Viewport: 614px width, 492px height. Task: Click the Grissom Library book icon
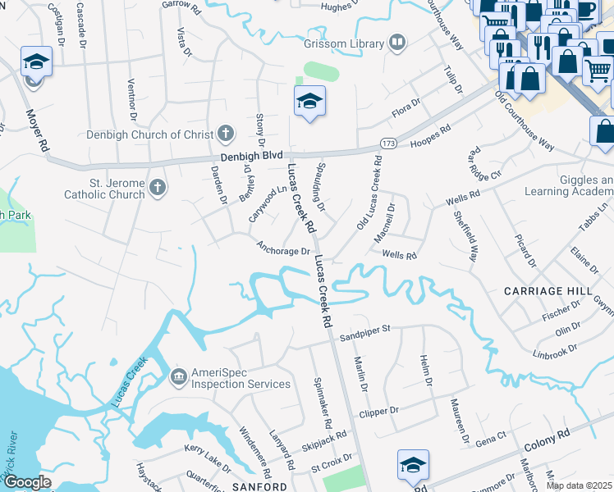point(397,43)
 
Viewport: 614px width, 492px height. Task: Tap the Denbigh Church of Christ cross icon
point(227,134)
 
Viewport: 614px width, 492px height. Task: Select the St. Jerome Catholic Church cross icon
point(158,189)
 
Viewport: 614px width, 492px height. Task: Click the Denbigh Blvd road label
point(250,156)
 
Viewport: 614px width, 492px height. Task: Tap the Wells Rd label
point(399,256)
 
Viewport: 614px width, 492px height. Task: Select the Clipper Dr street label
point(378,410)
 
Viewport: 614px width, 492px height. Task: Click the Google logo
point(27,483)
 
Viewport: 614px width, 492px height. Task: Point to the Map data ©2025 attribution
point(578,485)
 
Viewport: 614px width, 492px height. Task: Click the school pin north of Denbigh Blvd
point(309,102)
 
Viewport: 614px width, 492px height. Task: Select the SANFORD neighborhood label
point(259,486)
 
